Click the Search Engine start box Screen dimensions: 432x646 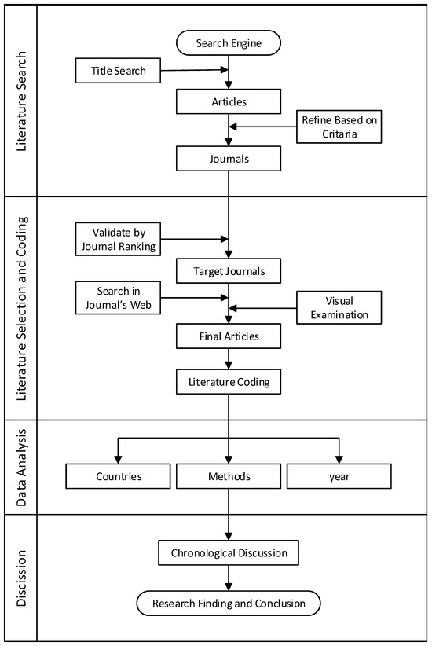pyautogui.click(x=229, y=43)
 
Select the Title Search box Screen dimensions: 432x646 pyautogui.click(x=118, y=71)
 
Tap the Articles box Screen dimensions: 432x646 pyautogui.click(x=229, y=101)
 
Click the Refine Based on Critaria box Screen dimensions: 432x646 pyautogui.click(x=339, y=127)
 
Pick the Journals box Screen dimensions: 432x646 pyautogui.click(x=229, y=159)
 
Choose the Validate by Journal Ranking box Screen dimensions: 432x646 pyautogui.click(x=118, y=239)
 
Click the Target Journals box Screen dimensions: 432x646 pyautogui.click(x=229, y=270)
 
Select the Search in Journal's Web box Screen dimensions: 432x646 pyautogui.click(x=118, y=298)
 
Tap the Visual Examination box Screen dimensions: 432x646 pyautogui.click(x=339, y=307)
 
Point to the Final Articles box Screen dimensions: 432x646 pyautogui.click(x=229, y=336)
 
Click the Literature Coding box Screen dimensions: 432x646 pyautogui.click(x=229, y=382)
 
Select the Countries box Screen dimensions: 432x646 pyautogui.click(x=118, y=476)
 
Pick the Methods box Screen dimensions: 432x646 pyautogui.click(x=229, y=476)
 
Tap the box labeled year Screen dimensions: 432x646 pyautogui.click(x=339, y=476)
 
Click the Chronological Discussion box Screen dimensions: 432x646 pyautogui.click(x=229, y=553)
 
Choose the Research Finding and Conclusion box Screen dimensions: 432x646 pyautogui.click(x=229, y=604)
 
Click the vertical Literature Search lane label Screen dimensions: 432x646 pyautogui.click(x=21, y=101)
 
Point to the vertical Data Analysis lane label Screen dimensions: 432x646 pyautogui.click(x=21, y=468)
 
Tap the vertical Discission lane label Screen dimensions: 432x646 pyautogui.click(x=21, y=578)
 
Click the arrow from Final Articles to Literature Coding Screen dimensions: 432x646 pyautogui.click(x=229, y=359)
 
